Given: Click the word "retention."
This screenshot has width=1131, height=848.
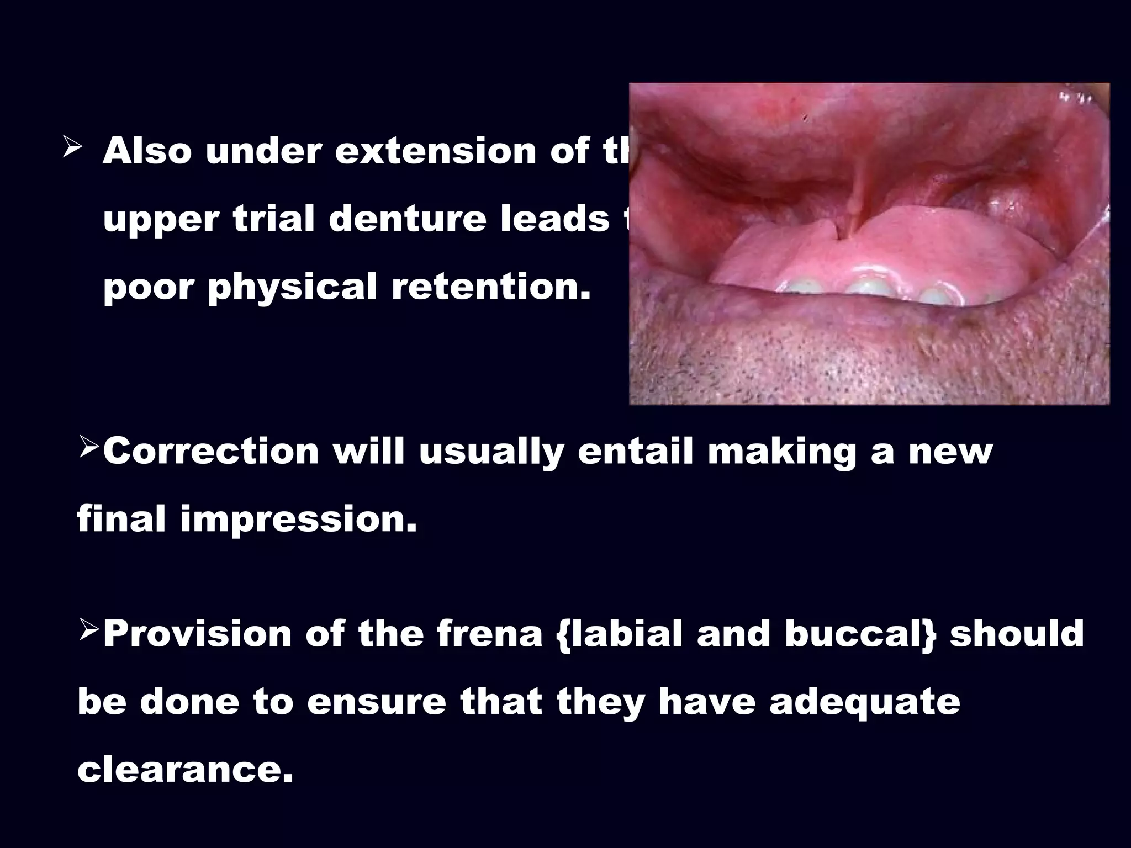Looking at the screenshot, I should coord(491,288).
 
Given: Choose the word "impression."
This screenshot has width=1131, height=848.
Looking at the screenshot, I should coord(298,519).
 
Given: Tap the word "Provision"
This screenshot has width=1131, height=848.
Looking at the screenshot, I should coord(197,634).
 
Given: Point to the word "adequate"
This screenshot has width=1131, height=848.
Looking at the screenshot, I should coord(865,702).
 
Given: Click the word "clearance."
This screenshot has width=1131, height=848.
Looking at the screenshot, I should coord(185,770).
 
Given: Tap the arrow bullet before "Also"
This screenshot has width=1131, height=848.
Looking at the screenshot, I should coord(73,149).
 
